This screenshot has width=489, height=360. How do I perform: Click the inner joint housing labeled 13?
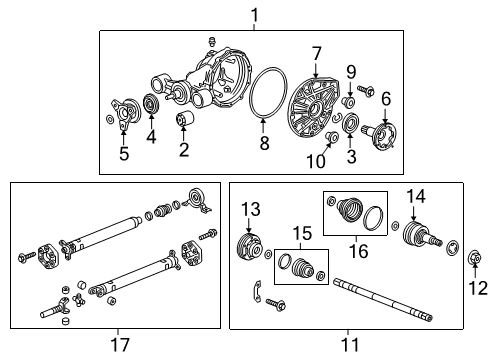tap(247, 247)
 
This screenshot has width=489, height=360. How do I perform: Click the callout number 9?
tap(352, 72)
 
